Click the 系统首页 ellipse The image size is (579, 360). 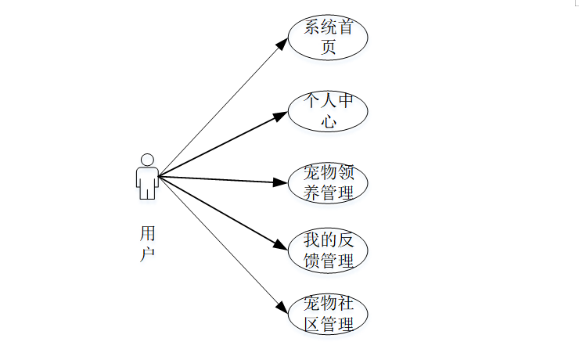coord(328,37)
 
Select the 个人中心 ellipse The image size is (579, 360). coord(328,112)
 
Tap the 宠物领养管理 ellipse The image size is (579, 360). coord(328,182)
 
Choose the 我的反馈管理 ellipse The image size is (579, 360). coord(328,250)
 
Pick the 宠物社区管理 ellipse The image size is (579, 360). coord(328,315)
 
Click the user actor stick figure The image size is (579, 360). coord(147,176)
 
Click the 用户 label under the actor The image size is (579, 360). coord(147,243)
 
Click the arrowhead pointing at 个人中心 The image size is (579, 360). coord(282,116)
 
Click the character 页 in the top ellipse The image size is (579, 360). coord(329,47)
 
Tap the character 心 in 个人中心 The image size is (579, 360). coord(329,122)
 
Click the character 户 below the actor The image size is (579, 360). coord(147,254)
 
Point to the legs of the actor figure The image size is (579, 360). coord(147,190)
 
